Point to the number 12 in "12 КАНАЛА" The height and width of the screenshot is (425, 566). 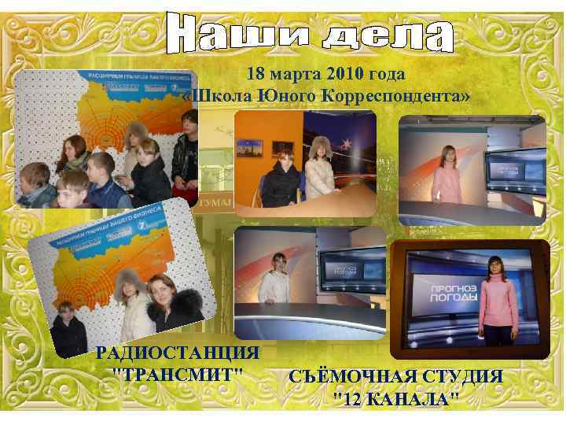point(354,397)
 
